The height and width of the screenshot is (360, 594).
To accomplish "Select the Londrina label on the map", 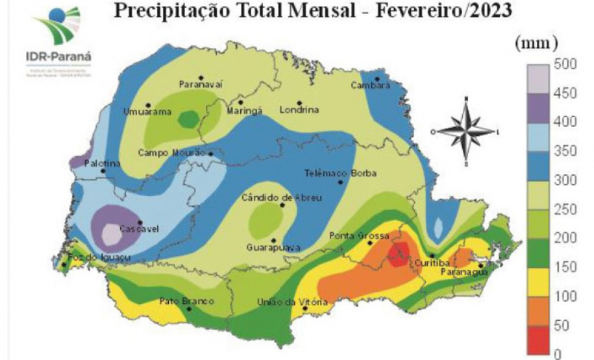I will pos(299,110).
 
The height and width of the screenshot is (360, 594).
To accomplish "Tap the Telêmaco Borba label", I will pos(340,173).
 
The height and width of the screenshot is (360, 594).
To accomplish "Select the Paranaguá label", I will pos(464,272).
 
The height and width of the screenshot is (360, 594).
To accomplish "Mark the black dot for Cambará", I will pos(377,77).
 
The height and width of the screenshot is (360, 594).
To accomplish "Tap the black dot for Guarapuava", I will pos(273,239).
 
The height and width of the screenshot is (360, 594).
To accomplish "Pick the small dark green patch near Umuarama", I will pos(189,119).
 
